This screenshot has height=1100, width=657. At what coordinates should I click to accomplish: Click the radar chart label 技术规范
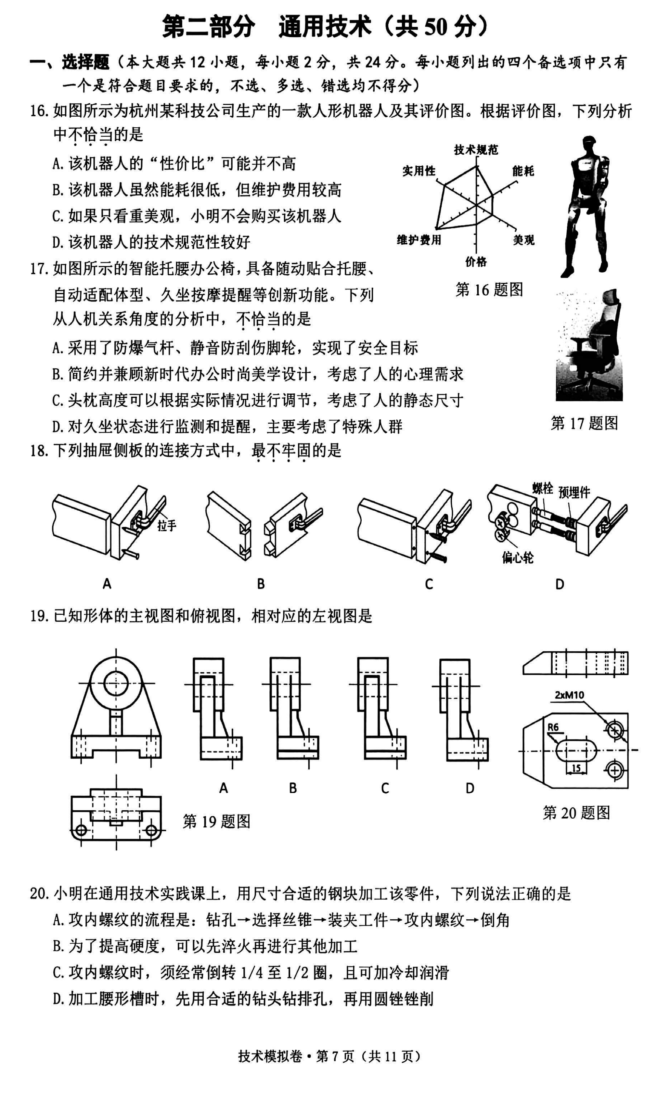click(x=476, y=150)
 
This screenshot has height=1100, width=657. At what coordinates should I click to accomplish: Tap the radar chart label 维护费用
click(x=419, y=240)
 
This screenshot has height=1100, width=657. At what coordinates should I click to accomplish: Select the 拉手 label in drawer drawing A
click(x=166, y=525)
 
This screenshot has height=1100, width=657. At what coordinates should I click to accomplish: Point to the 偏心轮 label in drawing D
click(x=518, y=557)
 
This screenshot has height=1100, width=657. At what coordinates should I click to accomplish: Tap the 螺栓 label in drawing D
click(x=542, y=488)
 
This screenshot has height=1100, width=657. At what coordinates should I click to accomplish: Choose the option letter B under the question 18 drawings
click(x=261, y=584)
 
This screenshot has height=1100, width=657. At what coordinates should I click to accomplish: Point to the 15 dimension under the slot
click(x=576, y=768)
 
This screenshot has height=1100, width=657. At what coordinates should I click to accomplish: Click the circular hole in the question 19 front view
click(x=116, y=684)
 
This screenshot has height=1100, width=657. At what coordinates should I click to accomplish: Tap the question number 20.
click(x=39, y=894)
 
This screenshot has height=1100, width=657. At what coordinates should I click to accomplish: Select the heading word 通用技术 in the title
click(x=325, y=27)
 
